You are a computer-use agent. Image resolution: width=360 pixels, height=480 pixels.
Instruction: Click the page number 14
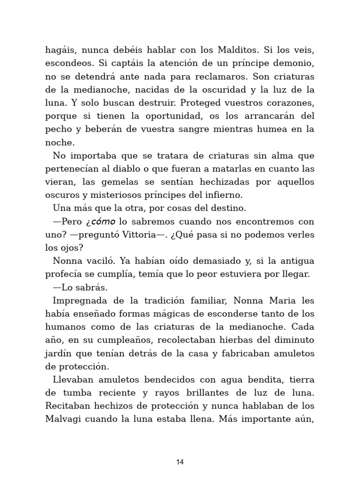point(180,462)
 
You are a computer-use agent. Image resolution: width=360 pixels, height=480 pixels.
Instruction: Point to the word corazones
point(288,103)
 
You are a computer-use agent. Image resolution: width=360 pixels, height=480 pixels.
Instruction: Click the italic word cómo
point(102,221)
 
